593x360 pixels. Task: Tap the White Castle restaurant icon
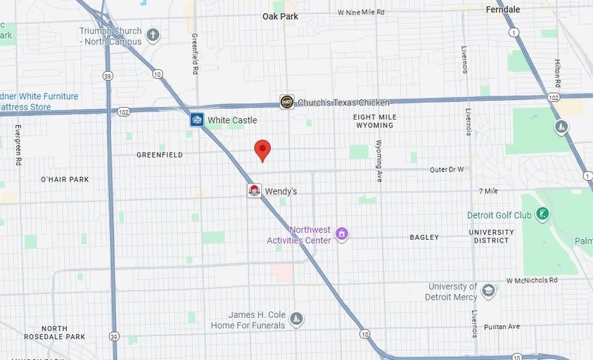coord(197,120)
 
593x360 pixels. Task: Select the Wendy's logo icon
coord(254,191)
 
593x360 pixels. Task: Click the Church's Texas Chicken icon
coord(287,102)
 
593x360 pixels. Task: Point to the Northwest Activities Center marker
coord(342,233)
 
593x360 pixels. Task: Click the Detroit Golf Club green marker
coord(542,213)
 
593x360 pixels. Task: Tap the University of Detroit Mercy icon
coord(488,290)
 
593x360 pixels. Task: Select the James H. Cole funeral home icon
coord(296,319)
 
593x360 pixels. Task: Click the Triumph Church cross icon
coord(153,34)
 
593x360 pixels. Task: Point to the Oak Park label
coord(280,16)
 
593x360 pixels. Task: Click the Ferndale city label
coord(503,9)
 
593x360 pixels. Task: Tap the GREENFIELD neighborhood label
coord(160,155)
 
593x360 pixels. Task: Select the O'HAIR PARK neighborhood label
coord(65,179)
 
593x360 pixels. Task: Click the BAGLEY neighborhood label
coord(424,238)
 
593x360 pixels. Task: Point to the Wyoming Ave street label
coord(378,161)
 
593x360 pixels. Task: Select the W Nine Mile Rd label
coord(361,12)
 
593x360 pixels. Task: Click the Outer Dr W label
coord(447,169)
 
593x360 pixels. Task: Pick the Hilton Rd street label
coord(557,73)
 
